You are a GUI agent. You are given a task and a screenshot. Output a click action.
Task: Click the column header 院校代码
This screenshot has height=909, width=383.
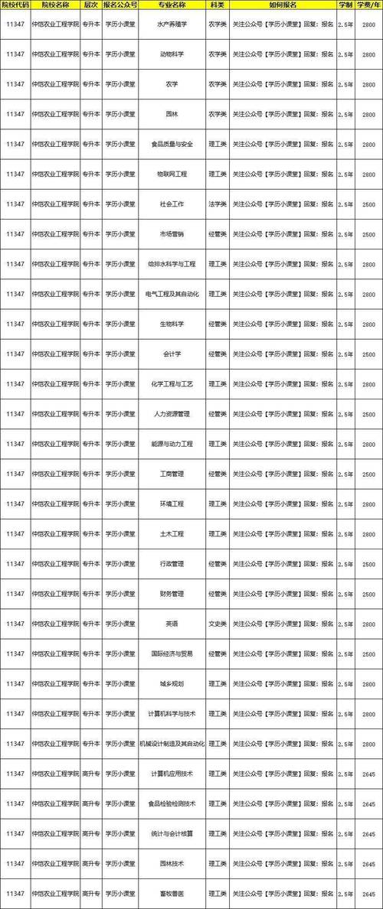(15, 6)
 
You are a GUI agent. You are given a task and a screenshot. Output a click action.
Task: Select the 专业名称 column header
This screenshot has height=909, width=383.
(172, 6)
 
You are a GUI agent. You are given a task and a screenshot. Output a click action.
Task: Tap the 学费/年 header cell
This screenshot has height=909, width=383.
(370, 6)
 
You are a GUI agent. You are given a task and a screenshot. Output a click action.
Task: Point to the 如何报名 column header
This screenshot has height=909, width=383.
(283, 6)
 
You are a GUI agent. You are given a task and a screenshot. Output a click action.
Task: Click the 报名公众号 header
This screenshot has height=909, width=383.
(121, 6)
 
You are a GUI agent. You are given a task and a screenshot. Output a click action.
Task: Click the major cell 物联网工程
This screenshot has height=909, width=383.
(172, 174)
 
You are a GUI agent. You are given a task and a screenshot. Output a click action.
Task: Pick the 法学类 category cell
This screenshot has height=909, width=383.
(217, 204)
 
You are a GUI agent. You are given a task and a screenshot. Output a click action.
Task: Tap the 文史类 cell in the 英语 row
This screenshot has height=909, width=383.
(217, 624)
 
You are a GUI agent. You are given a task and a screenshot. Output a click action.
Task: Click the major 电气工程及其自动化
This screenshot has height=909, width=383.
(172, 294)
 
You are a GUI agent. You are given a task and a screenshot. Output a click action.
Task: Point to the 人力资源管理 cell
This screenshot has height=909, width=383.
(172, 414)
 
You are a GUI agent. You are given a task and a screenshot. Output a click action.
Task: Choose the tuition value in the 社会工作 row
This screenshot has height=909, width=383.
(370, 204)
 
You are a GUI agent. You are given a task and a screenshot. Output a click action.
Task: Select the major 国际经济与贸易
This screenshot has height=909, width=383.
(172, 654)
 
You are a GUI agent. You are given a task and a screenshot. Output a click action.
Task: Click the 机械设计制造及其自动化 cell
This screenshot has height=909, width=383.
(172, 744)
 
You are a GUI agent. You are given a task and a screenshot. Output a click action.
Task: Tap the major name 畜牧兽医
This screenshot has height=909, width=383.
(172, 894)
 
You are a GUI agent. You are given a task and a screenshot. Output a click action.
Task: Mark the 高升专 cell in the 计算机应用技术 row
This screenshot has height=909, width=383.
(90, 774)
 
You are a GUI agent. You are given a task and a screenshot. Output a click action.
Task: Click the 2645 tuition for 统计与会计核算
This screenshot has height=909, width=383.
(370, 834)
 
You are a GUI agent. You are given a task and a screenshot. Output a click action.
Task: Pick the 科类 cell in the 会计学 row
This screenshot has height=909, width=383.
(217, 354)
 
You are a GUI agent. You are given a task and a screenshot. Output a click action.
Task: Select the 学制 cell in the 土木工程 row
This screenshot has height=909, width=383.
(345, 534)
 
